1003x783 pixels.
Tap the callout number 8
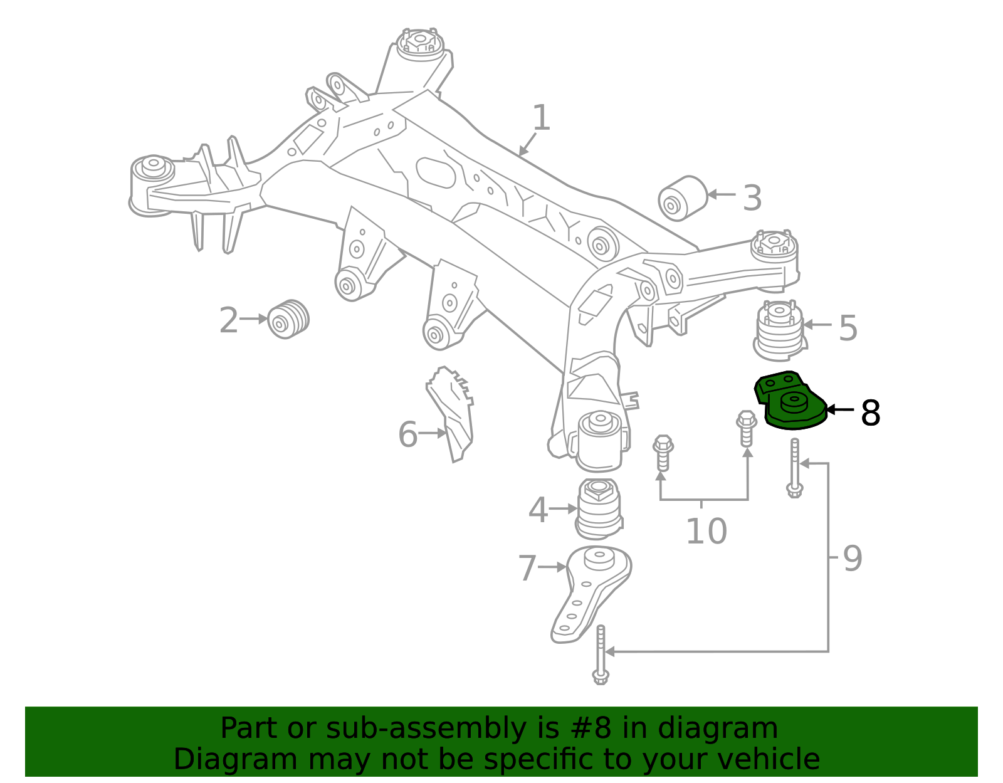870,413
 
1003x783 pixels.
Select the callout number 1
541,118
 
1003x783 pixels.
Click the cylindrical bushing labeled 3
683,198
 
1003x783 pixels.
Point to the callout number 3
752,198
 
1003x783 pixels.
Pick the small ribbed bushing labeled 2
288,319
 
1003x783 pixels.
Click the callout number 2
229,320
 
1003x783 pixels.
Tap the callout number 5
848,328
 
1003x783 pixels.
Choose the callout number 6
408,434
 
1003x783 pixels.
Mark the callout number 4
538,510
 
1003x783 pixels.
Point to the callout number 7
527,569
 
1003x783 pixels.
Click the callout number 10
706,532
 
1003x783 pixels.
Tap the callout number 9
853,558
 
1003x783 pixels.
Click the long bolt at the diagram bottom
601,655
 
